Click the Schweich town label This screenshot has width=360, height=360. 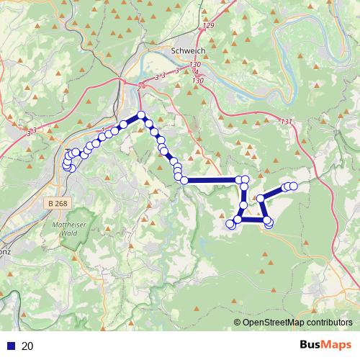[x=189, y=51]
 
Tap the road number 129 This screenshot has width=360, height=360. [x=209, y=26]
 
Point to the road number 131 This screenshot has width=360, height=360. [x=288, y=121]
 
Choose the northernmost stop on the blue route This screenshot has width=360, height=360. [x=141, y=115]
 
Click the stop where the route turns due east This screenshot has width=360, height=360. [x=184, y=180]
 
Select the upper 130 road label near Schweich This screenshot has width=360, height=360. [x=194, y=65]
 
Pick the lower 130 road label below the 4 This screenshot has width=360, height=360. [x=198, y=81]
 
